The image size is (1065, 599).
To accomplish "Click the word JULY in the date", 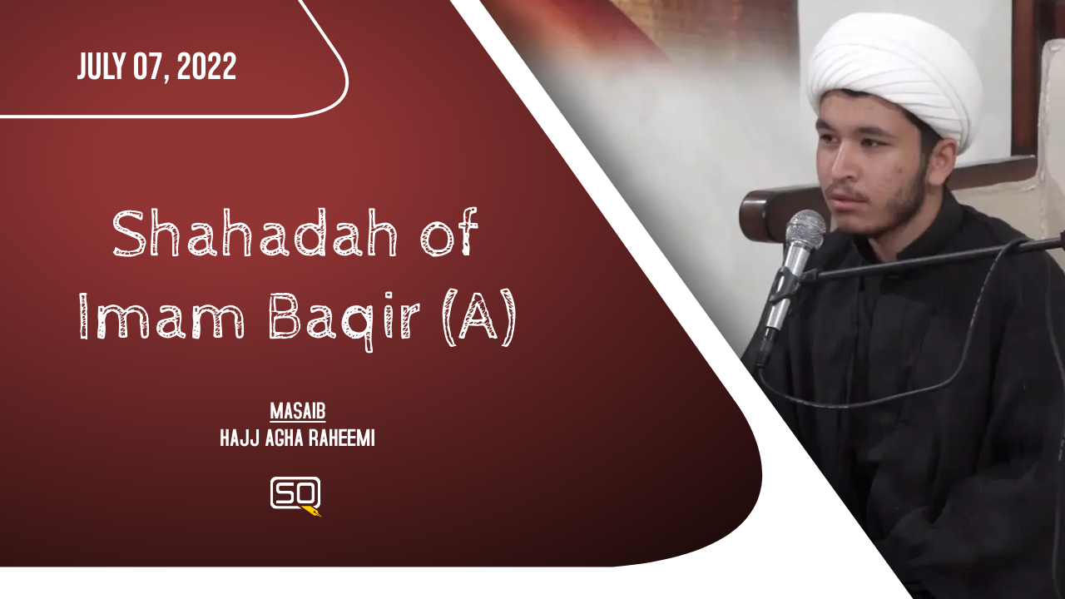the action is click(x=102, y=66).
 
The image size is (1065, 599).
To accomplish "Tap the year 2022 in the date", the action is click(x=206, y=66).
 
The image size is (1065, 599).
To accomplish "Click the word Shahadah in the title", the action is click(x=255, y=233).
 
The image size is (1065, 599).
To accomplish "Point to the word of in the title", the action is click(x=449, y=232).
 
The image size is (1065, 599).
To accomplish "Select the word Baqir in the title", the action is click(x=344, y=319).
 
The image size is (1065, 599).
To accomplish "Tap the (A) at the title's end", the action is click(x=479, y=318).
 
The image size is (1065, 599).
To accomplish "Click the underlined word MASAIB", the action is click(x=298, y=412).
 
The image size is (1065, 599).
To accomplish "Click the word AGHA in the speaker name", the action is click(x=285, y=438).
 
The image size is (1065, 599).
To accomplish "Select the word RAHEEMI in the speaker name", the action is click(x=342, y=438).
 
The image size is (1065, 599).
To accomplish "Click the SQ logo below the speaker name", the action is click(x=295, y=495).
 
